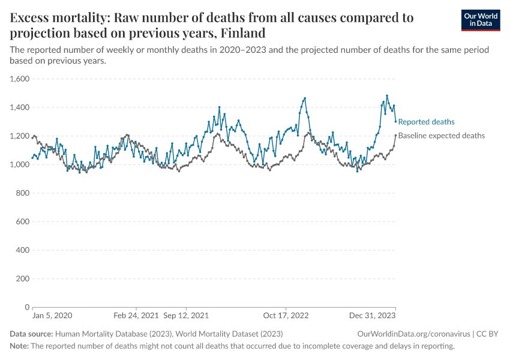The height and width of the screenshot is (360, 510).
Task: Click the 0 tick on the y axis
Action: pos(28,307)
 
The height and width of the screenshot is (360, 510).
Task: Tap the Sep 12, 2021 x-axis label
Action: pos(186,315)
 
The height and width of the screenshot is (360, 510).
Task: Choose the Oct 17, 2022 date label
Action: pos(286,315)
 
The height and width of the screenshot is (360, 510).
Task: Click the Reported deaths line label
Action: pos(426,122)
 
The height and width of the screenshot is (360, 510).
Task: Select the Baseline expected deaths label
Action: pos(441,136)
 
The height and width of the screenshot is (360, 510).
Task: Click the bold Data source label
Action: pos(31,334)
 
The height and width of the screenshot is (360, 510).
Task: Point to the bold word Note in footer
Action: pos(19,346)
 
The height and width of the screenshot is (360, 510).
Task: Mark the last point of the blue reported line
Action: pos(395,122)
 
